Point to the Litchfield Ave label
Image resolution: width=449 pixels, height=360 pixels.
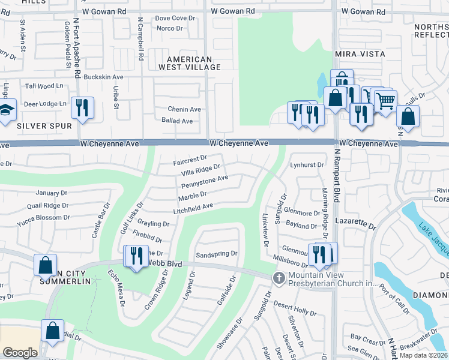tap(194, 208)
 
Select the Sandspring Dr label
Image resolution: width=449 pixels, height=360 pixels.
tap(217, 254)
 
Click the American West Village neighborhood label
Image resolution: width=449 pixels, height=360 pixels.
tap(190, 63)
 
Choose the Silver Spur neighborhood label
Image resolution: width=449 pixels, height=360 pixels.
tap(44, 126)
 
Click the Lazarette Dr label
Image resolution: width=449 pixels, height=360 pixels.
tap(355, 227)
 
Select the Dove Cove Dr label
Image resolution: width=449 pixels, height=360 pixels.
tap(175, 19)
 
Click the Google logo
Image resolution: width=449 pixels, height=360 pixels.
tap(20, 353)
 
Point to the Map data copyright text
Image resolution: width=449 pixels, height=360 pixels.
tap(423, 355)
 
